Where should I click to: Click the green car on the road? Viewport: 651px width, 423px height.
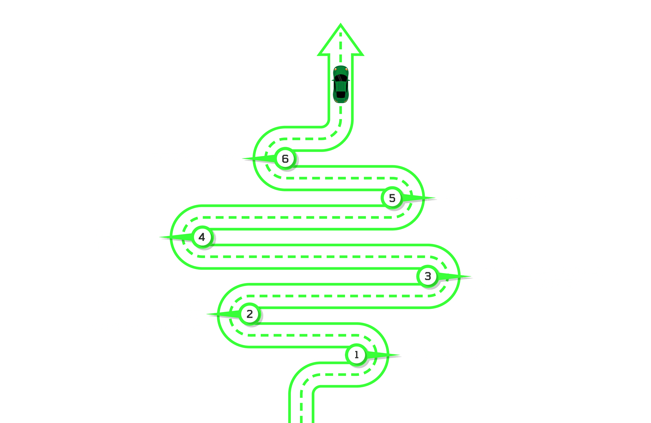coord(341,84)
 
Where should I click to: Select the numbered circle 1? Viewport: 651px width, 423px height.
coord(356,355)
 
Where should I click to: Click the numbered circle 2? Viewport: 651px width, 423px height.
coord(249,314)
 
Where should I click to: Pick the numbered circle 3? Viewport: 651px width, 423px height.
coord(428,276)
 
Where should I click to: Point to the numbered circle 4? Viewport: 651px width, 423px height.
coord(202,237)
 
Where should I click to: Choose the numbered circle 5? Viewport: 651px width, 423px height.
coord(392,198)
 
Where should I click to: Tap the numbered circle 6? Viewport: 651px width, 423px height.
coord(285,158)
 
